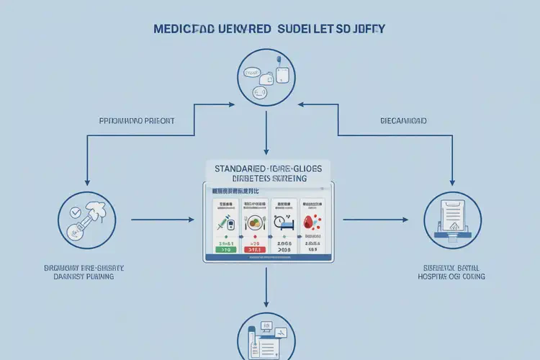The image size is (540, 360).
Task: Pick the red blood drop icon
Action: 312,223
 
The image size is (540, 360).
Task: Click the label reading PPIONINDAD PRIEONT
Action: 136,121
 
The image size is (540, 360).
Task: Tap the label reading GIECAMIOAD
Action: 402,121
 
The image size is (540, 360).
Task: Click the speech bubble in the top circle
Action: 252,73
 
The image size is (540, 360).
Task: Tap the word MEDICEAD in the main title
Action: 183,30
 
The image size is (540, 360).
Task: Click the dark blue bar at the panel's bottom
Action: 266,258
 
